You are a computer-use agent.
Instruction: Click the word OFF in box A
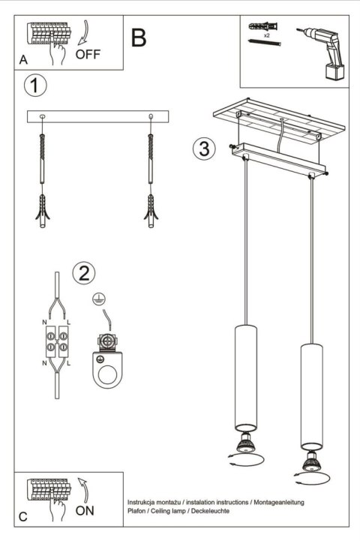pyautogui.click(x=88, y=53)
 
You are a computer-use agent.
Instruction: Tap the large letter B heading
pyautogui.click(x=139, y=38)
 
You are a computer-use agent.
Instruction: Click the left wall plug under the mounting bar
pyautogui.click(x=42, y=210)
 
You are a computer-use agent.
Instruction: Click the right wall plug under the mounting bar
pyautogui.click(x=151, y=210)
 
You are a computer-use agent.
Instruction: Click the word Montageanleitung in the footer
pyautogui.click(x=278, y=500)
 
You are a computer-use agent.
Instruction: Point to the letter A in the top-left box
pyautogui.click(x=24, y=60)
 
